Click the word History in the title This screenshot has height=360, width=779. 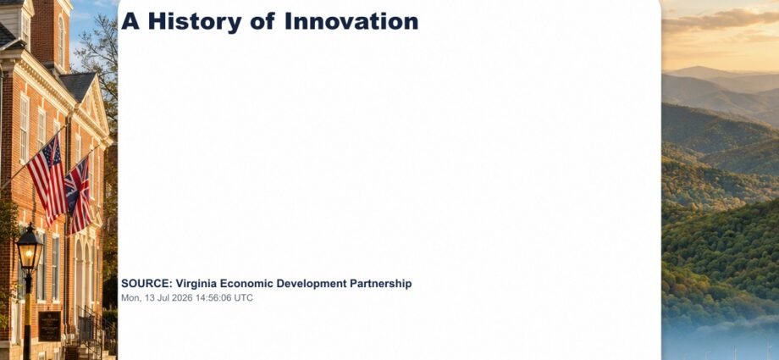pyautogui.click(x=195, y=22)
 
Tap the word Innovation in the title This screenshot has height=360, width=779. pyautogui.click(x=351, y=21)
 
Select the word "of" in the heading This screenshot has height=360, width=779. pyautogui.click(x=263, y=21)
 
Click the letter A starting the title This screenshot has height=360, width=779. pyautogui.click(x=130, y=21)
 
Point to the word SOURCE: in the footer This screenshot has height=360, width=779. pyautogui.click(x=146, y=284)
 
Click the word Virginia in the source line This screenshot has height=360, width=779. pyautogui.click(x=196, y=284)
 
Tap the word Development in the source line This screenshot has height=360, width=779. pyautogui.click(x=312, y=284)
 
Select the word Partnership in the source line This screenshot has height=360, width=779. pyautogui.click(x=380, y=284)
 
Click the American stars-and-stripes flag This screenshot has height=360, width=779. pyautogui.click(x=47, y=180)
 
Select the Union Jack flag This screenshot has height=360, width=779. pyautogui.click(x=79, y=196)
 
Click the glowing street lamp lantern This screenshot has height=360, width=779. pyautogui.click(x=30, y=250)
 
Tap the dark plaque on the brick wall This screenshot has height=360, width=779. pyautogui.click(x=50, y=326)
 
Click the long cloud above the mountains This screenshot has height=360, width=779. pyautogui.click(x=721, y=21)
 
